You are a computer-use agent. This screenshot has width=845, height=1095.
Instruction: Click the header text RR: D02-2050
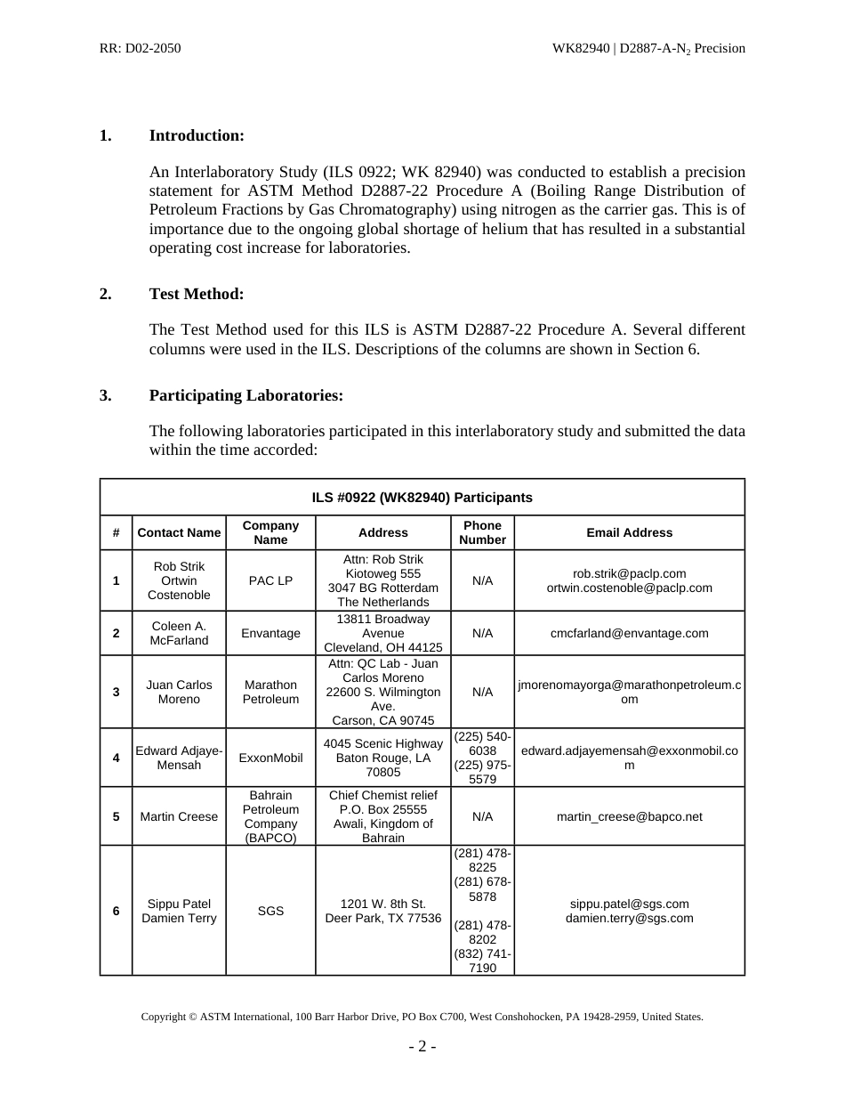(141, 48)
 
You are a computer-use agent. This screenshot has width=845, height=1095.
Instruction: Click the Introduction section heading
(196, 135)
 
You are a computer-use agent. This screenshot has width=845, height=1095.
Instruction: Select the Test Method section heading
(196, 294)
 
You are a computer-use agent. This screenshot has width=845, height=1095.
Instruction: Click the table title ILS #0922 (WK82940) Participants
(422, 498)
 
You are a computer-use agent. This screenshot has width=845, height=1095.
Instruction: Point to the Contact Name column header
(179, 532)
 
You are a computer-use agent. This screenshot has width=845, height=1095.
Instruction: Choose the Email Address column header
(629, 532)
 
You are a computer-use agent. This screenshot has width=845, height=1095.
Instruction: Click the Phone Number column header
(482, 532)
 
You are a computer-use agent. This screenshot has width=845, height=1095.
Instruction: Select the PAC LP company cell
(270, 580)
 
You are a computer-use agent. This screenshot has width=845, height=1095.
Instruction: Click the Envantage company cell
(270, 633)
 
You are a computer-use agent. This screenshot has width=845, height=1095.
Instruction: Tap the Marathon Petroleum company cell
(270, 692)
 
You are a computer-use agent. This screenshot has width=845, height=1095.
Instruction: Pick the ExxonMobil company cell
(270, 758)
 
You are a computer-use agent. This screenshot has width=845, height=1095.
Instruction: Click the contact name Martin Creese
(179, 816)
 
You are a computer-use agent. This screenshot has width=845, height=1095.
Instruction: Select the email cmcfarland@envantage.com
(629, 633)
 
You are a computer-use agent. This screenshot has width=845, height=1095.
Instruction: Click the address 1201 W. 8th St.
(382, 904)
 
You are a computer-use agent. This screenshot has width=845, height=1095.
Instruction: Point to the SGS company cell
(270, 911)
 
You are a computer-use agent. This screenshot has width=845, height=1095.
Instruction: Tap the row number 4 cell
(116, 758)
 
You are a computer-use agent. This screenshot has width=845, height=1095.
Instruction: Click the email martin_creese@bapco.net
(629, 816)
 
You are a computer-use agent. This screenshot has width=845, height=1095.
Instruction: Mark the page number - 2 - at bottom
(422, 1047)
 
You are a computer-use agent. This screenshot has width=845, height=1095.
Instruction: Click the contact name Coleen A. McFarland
(179, 633)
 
